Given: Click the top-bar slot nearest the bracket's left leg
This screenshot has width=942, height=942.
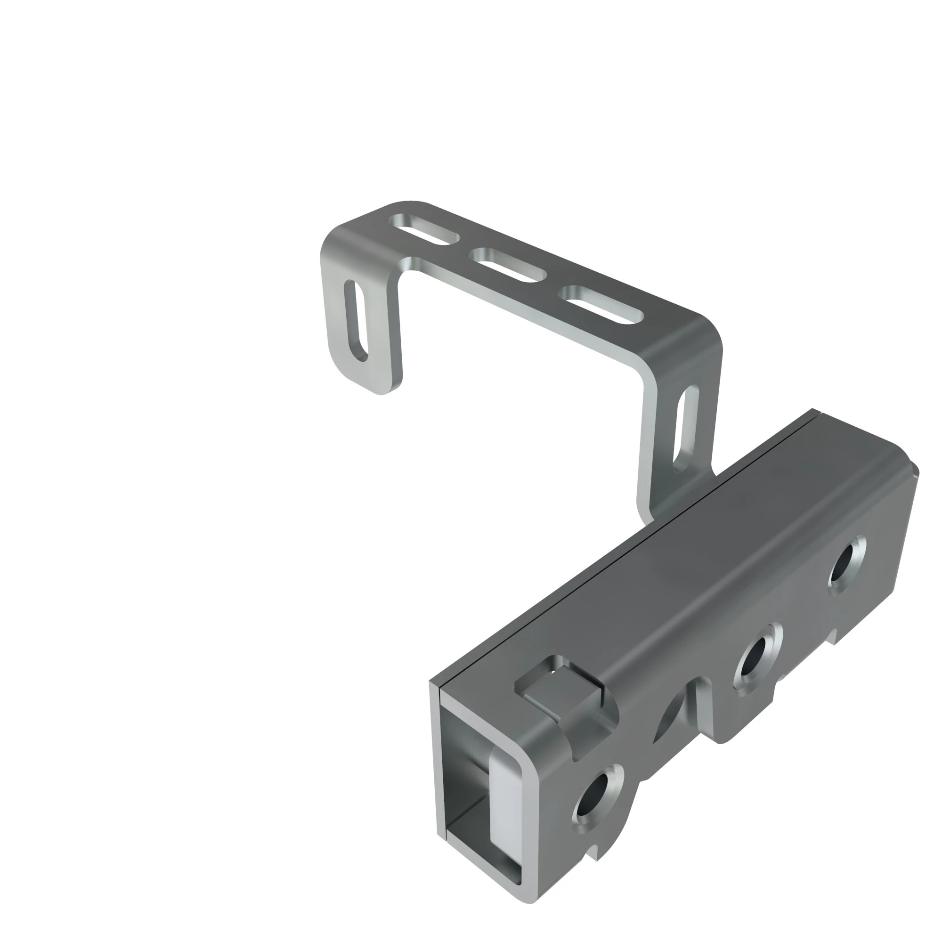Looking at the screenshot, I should (424, 229).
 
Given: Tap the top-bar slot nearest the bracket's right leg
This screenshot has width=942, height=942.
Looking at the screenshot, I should (601, 305).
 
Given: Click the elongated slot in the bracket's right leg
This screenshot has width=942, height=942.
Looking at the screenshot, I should (684, 429).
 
